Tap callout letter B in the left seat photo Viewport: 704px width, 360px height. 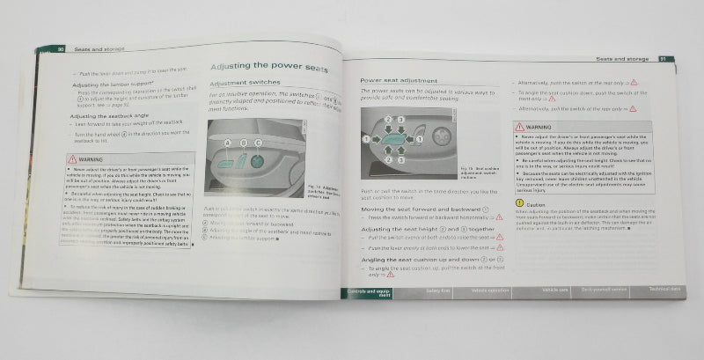click(244, 142)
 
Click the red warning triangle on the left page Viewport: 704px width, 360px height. click(74, 159)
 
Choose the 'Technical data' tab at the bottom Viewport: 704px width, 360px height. click(664, 289)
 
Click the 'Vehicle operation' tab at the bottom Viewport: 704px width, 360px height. click(490, 290)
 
